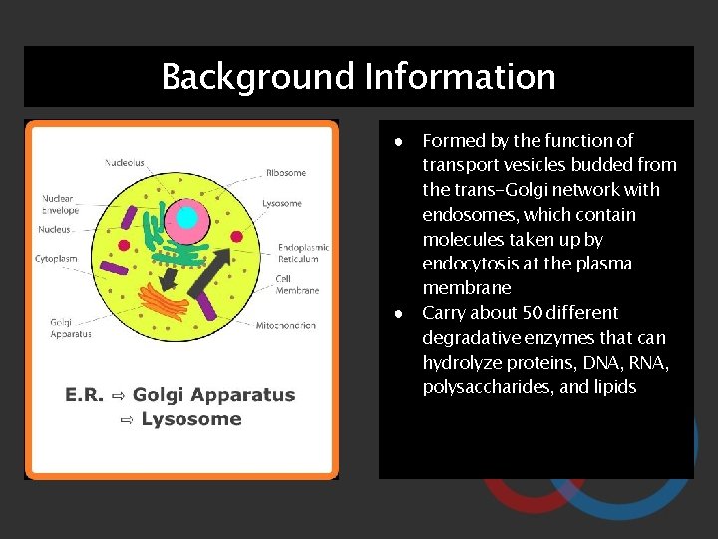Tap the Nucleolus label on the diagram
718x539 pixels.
click(x=126, y=162)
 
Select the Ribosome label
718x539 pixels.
click(x=285, y=173)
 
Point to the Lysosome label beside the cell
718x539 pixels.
click(x=282, y=203)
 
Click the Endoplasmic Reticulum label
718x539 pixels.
click(x=303, y=252)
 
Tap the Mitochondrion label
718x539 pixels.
click(x=286, y=325)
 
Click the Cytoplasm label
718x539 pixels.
click(x=56, y=258)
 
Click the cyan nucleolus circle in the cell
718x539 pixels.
click(x=185, y=218)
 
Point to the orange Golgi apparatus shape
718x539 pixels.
click(x=165, y=300)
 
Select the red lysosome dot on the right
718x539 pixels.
click(x=236, y=236)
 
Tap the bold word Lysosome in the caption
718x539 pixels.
click(x=191, y=419)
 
